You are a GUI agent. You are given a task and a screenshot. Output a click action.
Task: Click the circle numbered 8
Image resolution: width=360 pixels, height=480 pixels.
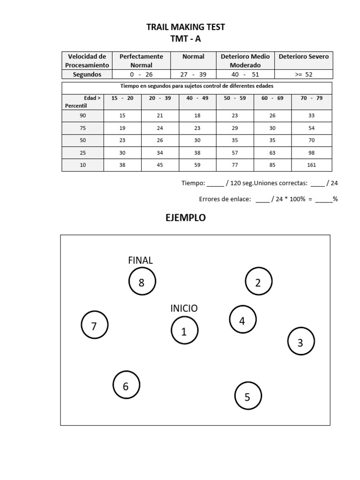coord(142,282)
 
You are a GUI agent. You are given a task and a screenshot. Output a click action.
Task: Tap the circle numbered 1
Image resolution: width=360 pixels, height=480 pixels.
coord(184,331)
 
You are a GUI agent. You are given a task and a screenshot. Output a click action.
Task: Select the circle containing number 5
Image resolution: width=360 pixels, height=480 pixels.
coord(247,397)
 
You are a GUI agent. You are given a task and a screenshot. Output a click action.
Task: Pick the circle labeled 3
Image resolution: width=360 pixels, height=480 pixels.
coord(300,342)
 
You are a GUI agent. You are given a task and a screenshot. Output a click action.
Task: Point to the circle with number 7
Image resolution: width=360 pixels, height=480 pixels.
coord(94,326)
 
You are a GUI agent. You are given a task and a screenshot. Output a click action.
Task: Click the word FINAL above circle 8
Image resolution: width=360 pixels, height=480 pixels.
coord(140,260)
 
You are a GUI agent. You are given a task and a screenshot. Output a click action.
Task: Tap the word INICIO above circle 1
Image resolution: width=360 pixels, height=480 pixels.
coord(184,308)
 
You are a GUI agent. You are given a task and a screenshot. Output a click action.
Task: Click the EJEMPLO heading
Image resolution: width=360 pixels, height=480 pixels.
coord(185,218)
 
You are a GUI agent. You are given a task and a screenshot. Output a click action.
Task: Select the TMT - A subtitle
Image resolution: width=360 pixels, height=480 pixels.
coord(185,39)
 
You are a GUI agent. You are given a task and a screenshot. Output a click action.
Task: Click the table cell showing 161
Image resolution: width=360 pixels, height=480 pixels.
coord(311,165)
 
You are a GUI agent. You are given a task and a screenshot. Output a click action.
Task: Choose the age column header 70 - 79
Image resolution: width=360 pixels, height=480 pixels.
coord(311,98)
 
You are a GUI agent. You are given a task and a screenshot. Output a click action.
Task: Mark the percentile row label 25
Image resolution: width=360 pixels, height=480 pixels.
coord(83,152)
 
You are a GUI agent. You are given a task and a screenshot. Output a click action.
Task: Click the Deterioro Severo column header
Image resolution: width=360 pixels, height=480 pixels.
coord(303,56)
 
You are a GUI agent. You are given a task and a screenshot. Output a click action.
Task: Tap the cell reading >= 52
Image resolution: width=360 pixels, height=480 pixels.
coord(303,75)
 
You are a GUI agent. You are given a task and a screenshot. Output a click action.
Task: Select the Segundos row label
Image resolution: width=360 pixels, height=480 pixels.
coord(87,75)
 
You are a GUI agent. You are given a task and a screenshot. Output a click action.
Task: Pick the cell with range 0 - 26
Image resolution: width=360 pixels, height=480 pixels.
coord(141,75)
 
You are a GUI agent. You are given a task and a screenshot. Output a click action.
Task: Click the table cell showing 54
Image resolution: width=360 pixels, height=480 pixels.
coord(311,128)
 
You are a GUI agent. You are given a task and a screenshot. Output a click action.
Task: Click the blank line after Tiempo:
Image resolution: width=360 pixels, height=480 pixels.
coord(215,184)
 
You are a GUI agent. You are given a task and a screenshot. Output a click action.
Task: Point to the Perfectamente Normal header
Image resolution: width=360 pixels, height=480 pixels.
coord(141,60)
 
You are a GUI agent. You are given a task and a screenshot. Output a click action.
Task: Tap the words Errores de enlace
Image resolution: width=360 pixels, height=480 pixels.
coord(225,199)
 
